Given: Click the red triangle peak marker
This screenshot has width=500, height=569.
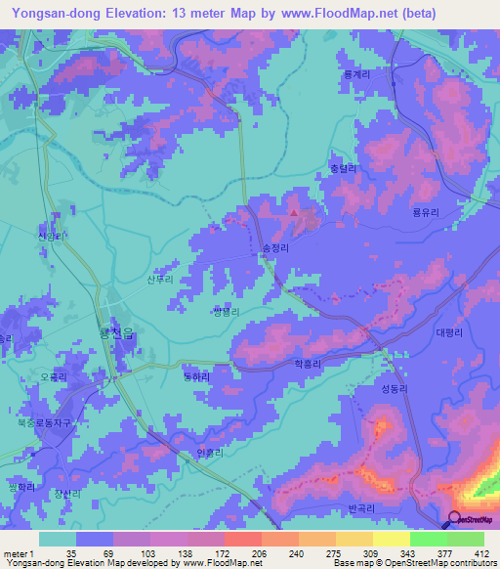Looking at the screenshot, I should [295, 212].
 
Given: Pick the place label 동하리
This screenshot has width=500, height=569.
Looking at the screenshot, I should [197, 375].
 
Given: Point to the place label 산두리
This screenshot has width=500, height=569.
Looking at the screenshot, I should [159, 280].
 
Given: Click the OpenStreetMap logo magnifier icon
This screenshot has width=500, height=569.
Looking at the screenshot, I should [456, 520].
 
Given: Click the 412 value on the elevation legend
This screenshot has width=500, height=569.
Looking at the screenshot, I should [481, 553].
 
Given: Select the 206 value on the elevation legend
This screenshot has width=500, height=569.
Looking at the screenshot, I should [259, 553].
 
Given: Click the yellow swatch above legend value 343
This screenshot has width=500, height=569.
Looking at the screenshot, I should [391, 539].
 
